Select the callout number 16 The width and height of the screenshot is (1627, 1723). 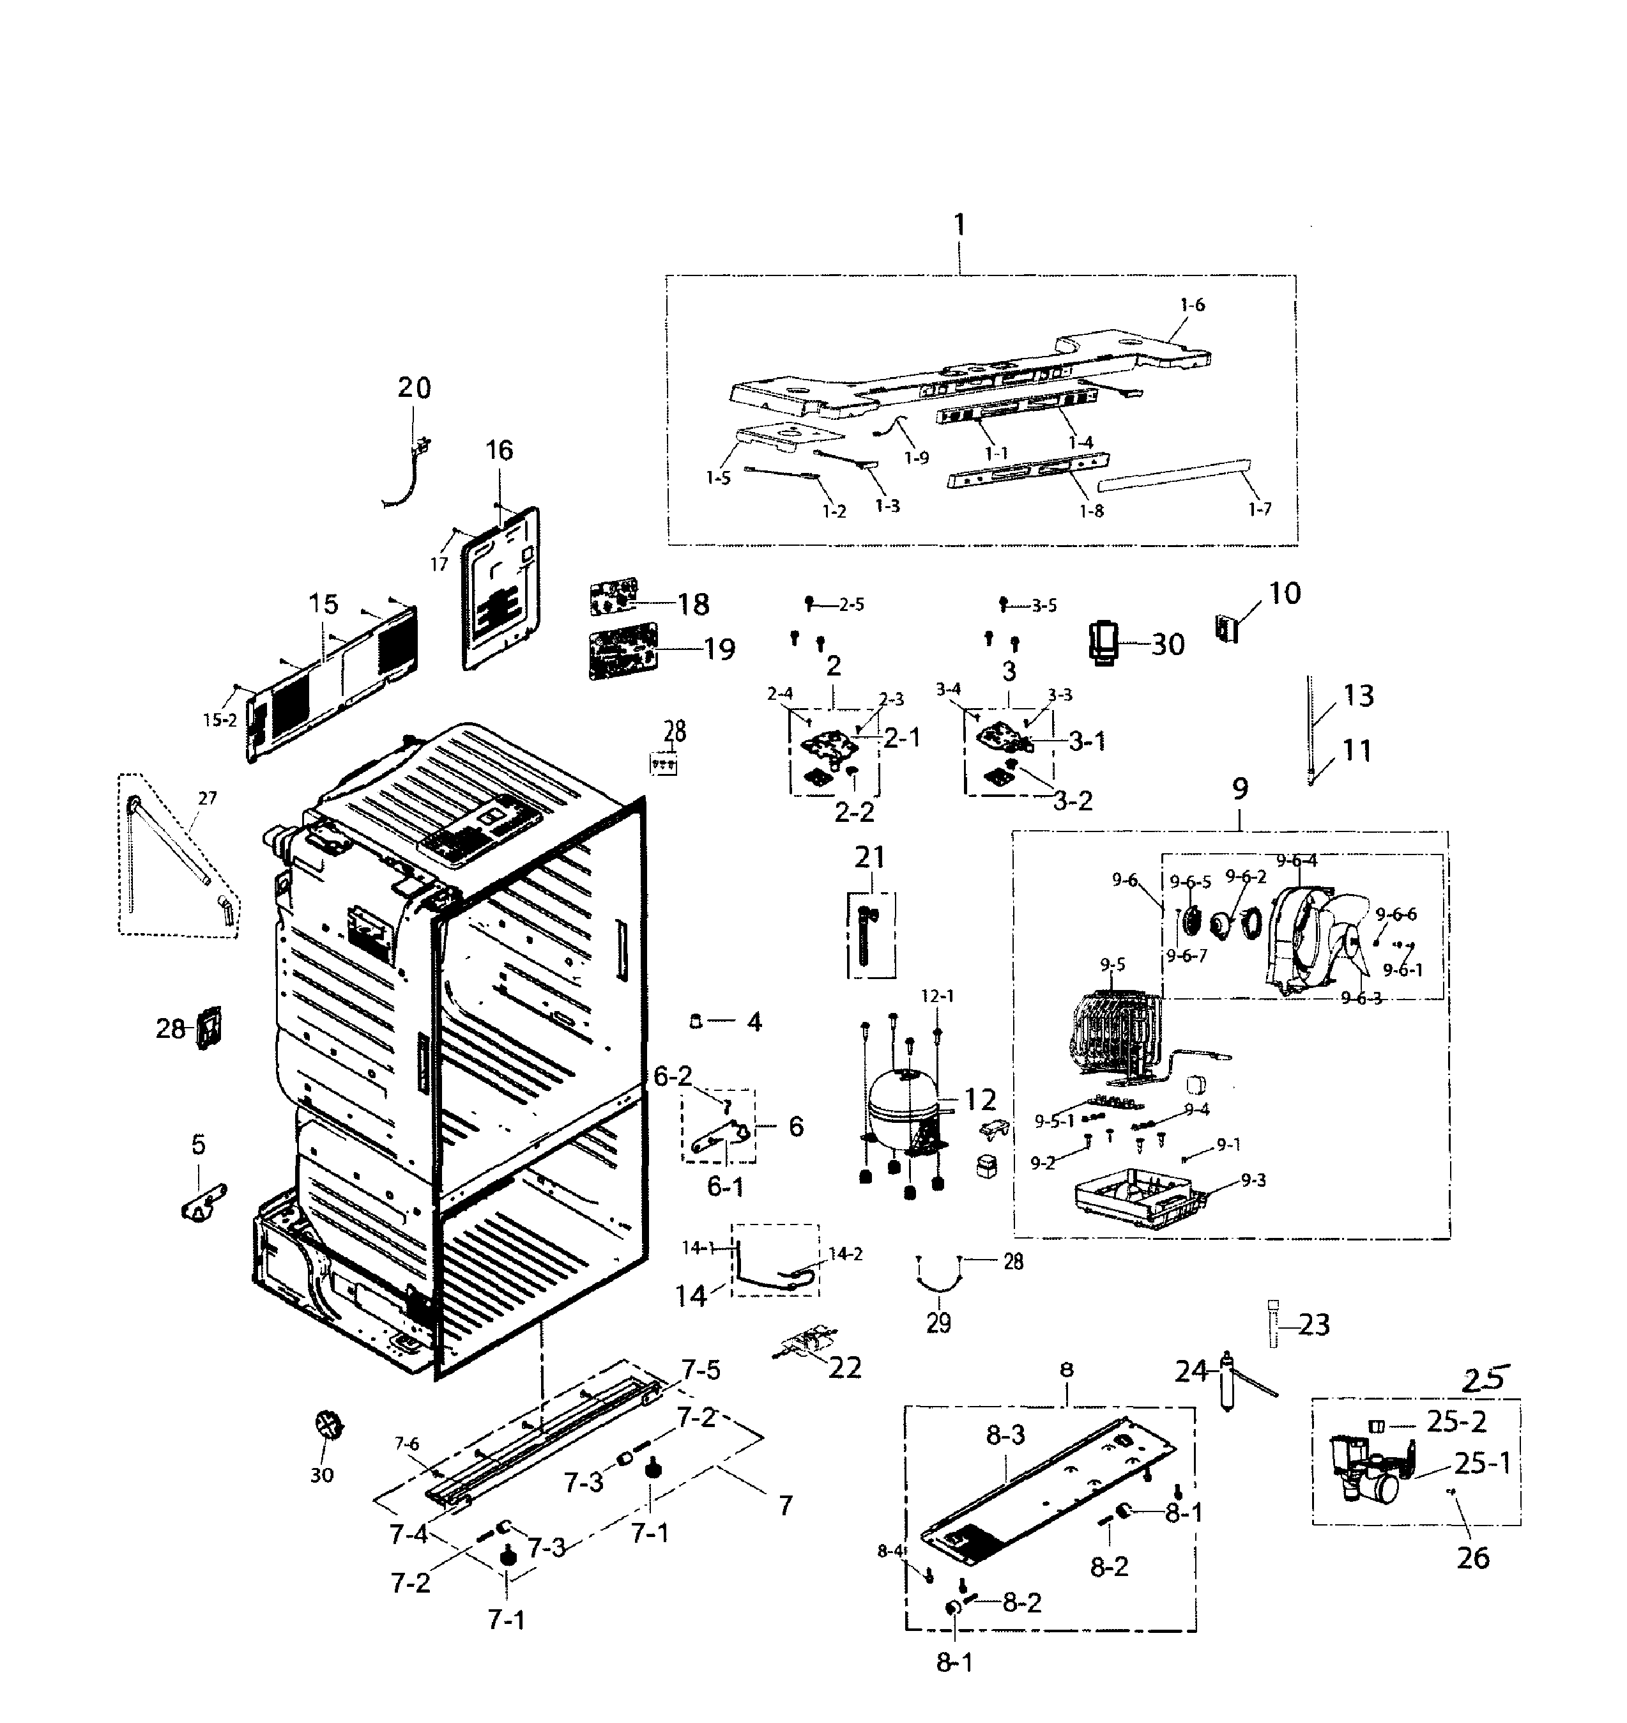click(x=500, y=451)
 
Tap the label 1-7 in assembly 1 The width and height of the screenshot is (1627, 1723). click(x=1259, y=509)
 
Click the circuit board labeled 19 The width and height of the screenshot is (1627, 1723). click(x=623, y=651)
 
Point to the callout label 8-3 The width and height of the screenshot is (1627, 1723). click(x=1005, y=1435)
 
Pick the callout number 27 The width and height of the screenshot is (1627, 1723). click(x=207, y=798)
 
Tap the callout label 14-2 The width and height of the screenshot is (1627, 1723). click(x=846, y=1254)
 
